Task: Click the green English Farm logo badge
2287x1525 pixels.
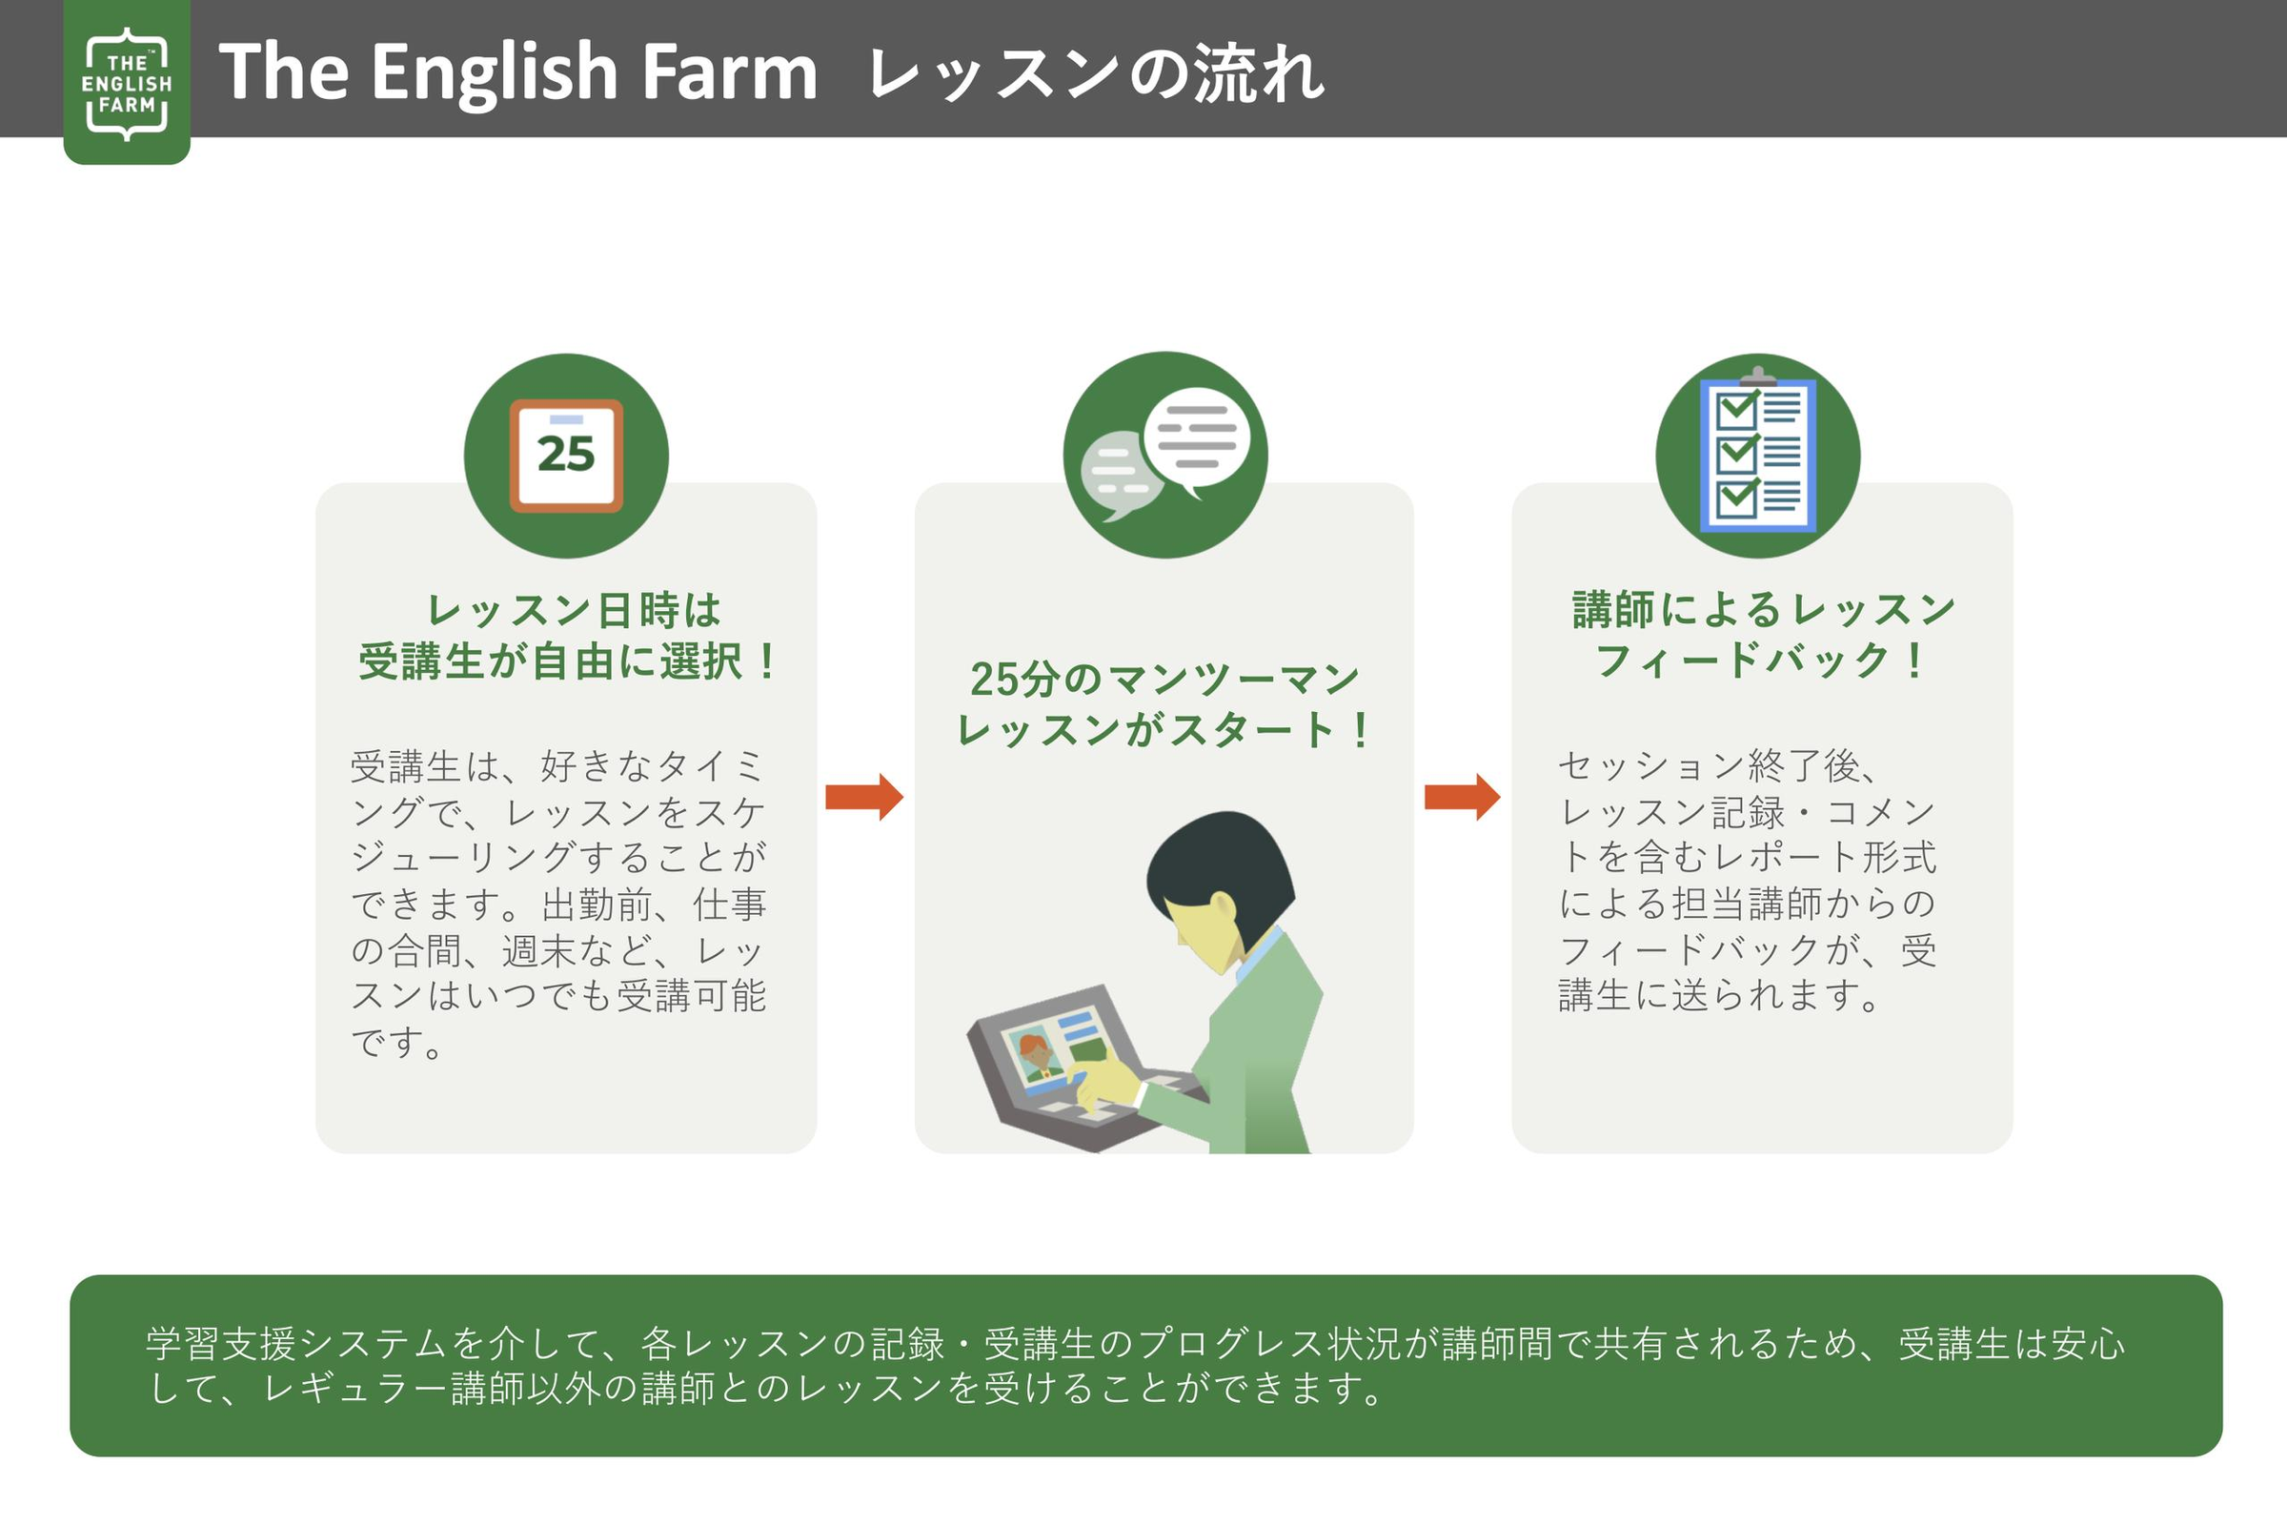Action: (127, 84)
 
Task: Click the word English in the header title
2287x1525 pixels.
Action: (495, 72)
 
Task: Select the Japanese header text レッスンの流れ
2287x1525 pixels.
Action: (1095, 74)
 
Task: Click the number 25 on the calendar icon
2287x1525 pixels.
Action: (566, 455)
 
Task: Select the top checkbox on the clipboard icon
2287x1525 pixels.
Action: (1735, 410)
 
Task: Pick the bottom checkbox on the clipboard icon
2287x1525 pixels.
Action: (1735, 498)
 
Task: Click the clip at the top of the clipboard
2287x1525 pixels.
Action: (1757, 376)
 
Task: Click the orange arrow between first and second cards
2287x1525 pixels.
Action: (863, 797)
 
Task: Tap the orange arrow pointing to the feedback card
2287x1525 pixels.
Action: (1462, 797)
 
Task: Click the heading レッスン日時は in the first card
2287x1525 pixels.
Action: (574, 611)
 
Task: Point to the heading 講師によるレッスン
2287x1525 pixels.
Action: (1763, 610)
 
